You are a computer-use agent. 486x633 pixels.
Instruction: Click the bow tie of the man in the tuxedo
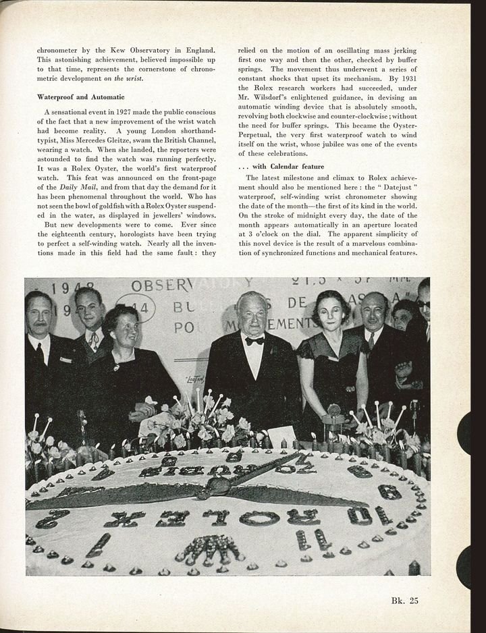254,341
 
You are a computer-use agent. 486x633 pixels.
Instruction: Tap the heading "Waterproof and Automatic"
81,97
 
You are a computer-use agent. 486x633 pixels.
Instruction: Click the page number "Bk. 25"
404,601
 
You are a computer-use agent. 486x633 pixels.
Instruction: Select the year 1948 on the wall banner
74,288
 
